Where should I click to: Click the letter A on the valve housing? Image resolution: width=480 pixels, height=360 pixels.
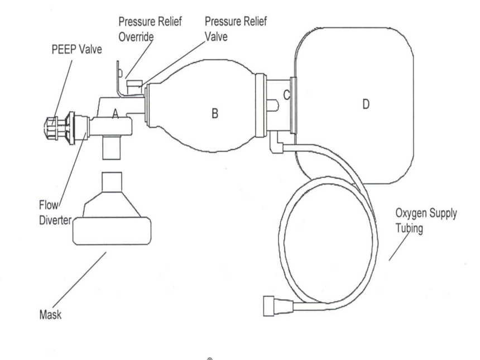point(115,114)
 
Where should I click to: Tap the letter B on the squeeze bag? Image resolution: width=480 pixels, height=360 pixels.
point(215,113)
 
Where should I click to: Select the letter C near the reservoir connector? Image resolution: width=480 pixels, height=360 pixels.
point(286,95)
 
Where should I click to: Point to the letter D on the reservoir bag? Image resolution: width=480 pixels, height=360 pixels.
point(366,104)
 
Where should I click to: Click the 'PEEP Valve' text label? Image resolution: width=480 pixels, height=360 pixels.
point(77,49)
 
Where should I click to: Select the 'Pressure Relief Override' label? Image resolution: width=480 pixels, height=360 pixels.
point(150,29)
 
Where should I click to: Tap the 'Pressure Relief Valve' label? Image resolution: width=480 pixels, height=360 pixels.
point(236,29)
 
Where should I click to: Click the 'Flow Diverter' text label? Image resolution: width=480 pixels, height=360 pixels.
point(55,213)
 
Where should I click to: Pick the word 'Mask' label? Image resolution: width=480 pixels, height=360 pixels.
point(50,314)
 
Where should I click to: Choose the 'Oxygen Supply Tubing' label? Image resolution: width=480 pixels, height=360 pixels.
point(426,220)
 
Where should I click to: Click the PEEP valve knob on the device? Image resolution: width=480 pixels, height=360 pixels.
point(51,128)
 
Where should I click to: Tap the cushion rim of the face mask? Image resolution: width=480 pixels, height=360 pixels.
point(112,231)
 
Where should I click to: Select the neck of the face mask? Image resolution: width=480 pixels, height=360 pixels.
point(112,182)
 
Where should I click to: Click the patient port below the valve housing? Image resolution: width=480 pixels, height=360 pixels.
point(112,147)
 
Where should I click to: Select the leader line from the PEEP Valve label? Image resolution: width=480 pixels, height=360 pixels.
point(63,90)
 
